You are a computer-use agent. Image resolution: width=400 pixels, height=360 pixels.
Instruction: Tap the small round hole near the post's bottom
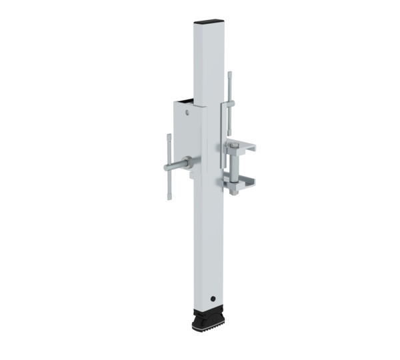point(213,298)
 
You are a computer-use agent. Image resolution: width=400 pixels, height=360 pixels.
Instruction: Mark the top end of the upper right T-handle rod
point(231,73)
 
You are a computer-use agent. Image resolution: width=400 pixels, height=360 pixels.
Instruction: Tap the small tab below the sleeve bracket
point(191,175)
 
